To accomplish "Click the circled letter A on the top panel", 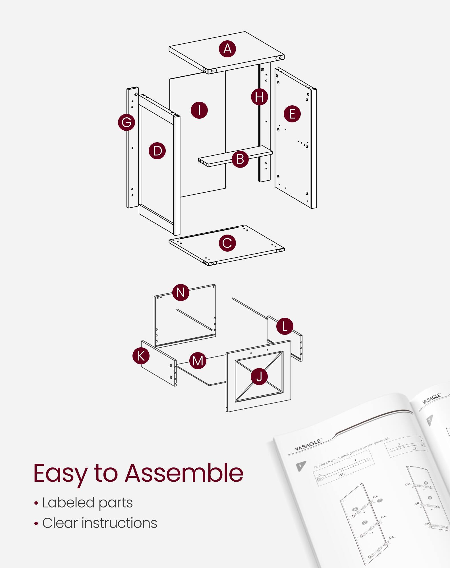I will point(227,49).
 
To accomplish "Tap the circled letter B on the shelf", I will point(240,159).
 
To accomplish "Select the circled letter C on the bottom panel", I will point(227,243).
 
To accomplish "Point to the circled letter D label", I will point(157,151).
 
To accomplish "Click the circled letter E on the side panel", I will point(292,114).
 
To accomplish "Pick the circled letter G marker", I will point(127,122).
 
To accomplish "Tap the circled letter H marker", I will point(259,97).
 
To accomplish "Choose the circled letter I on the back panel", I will point(199,110).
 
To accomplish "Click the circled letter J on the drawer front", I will point(259,377).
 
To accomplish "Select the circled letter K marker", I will point(141,356).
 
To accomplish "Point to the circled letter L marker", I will point(285,326).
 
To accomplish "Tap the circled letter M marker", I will point(198,361).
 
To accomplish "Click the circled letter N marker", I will point(181,292).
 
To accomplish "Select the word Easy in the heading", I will point(60,474).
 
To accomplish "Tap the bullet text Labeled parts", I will point(87,503).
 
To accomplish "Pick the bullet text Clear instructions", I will point(99,523).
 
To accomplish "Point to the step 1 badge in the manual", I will point(301,466).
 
